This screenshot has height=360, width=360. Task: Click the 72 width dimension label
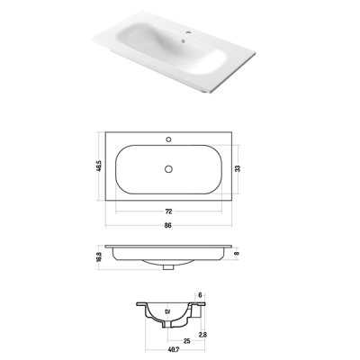point(168,211)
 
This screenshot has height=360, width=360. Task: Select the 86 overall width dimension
point(168,225)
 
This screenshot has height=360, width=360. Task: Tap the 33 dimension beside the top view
point(238,168)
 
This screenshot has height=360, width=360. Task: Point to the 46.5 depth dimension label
point(99,166)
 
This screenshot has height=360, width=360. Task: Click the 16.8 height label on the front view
point(99,257)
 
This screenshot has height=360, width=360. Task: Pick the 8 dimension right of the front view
point(238,253)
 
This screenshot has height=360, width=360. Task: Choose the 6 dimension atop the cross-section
point(201,295)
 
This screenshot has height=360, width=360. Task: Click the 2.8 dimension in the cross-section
point(202,335)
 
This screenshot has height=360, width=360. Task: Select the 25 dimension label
point(186,341)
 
